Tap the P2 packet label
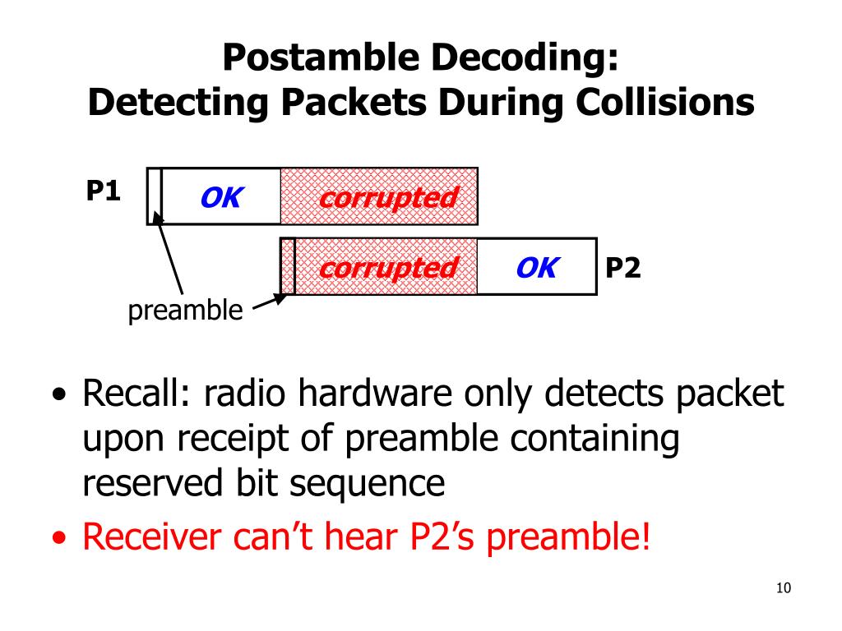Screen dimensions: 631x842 [x=622, y=267]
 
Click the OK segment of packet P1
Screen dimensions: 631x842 [x=220, y=197]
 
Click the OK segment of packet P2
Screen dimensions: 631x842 [x=536, y=267]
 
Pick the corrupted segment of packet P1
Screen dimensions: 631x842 [x=387, y=197]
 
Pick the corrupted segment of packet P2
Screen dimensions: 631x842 [x=387, y=267]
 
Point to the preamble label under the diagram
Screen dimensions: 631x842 [x=185, y=311]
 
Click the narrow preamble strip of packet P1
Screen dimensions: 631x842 [x=155, y=196]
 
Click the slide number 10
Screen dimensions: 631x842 [x=783, y=588]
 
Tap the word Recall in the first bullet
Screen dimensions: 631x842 [x=134, y=395]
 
